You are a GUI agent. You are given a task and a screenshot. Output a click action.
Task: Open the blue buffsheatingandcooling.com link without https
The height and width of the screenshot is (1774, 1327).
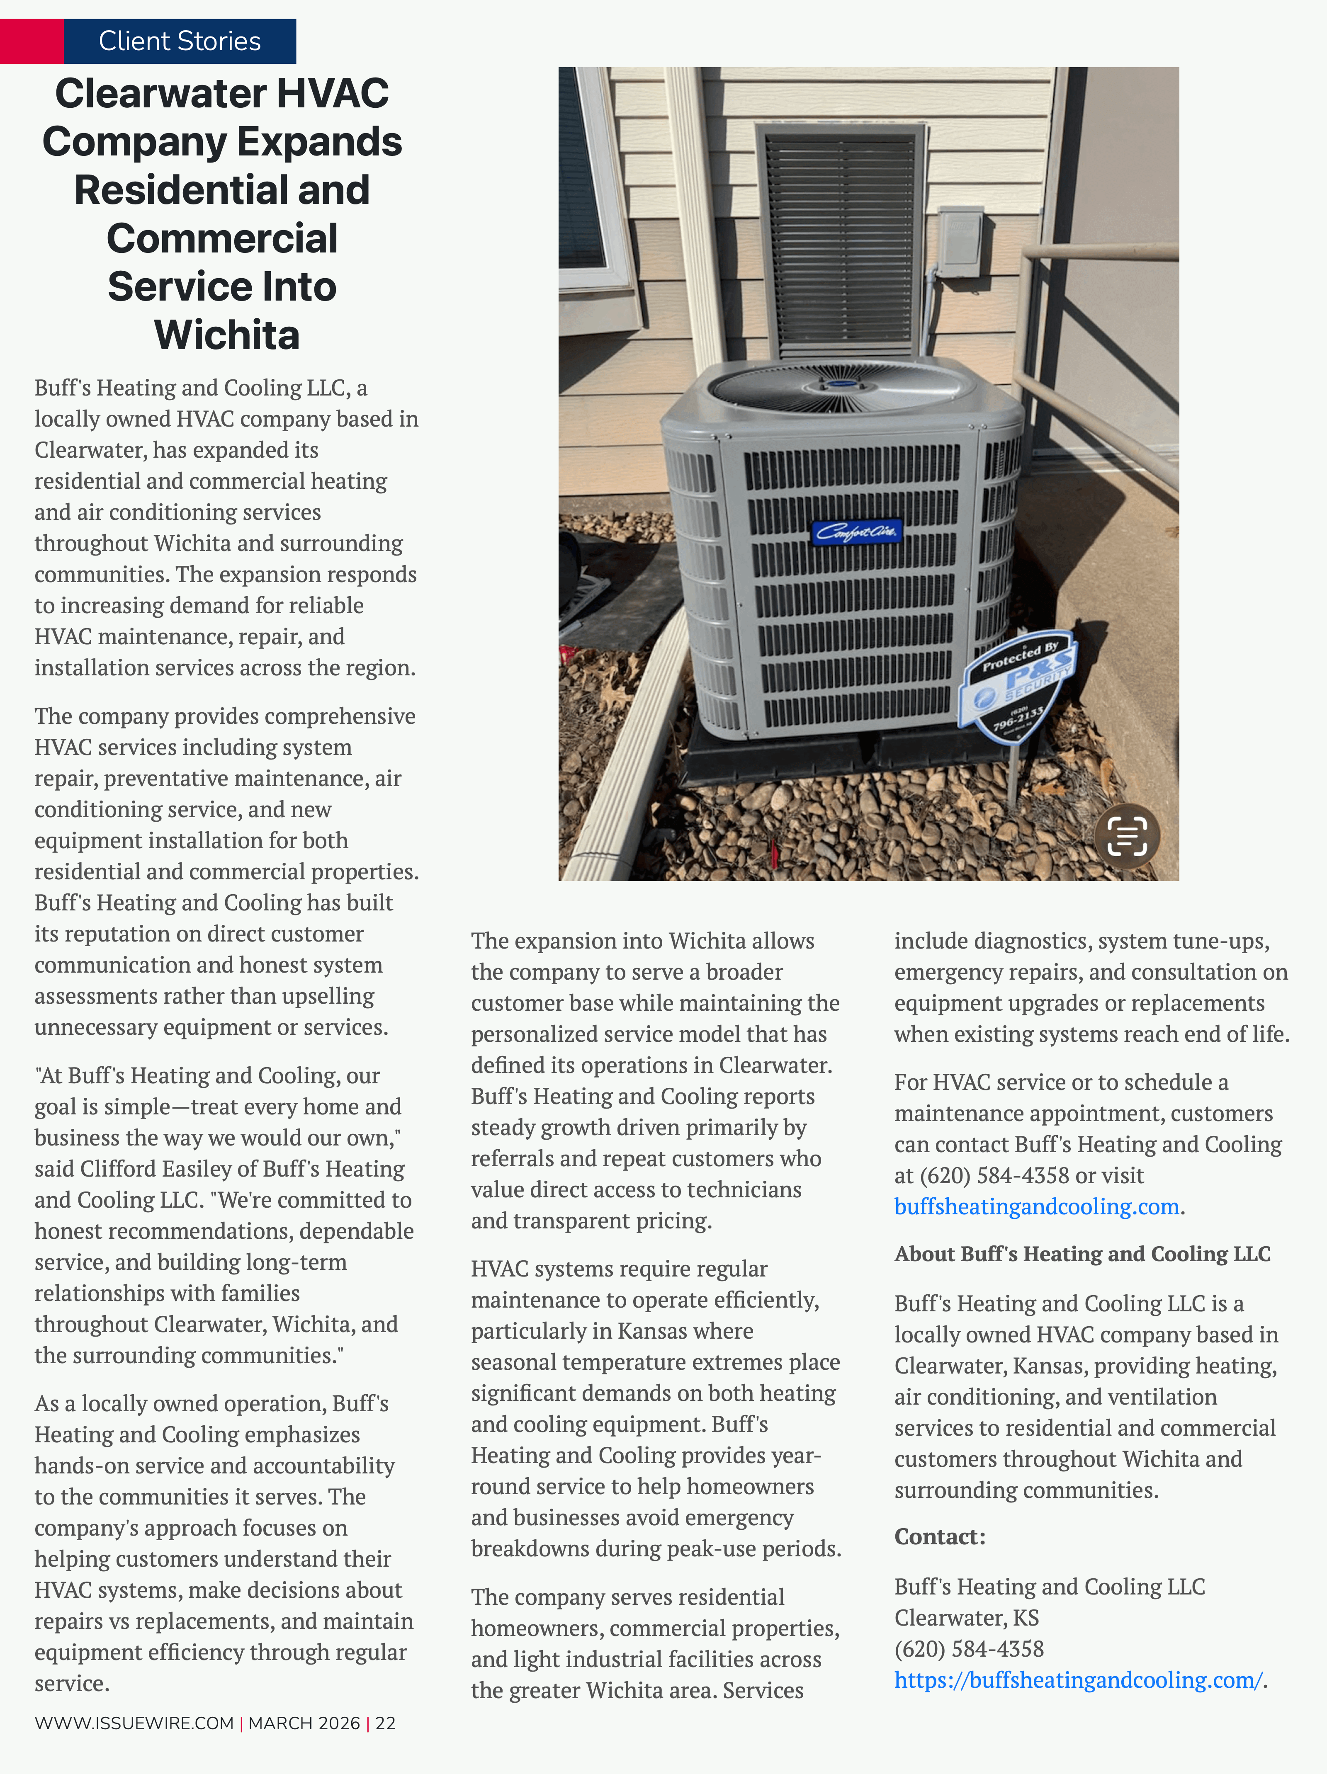coord(1036,1206)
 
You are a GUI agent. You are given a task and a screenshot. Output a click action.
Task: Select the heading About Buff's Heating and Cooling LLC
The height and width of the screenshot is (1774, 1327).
coord(1082,1254)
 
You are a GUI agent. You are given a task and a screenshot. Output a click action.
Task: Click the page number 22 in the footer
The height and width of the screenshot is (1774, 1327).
coord(385,1723)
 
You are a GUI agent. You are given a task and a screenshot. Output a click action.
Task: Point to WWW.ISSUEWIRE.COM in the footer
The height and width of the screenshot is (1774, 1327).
coord(134,1723)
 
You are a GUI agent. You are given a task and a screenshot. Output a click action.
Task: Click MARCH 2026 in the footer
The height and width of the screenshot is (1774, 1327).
coord(304,1723)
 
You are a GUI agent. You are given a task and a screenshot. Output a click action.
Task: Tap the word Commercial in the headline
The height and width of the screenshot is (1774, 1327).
coord(222,238)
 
